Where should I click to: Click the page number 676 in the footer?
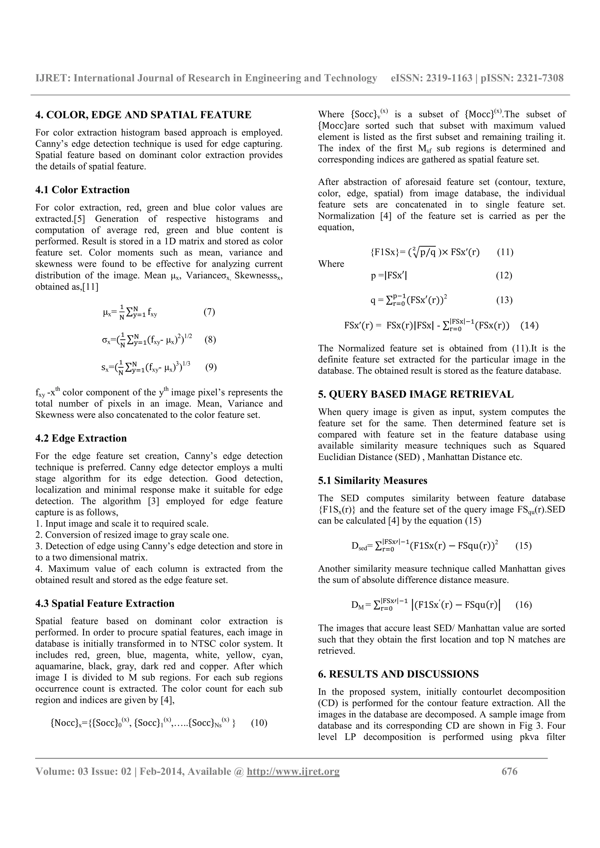[509, 772]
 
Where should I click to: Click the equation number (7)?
[209, 312]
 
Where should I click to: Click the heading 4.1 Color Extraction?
[82, 190]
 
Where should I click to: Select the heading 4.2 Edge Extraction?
[81, 438]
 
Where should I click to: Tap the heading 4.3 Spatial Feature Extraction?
[105, 603]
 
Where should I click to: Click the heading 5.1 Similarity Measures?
[372, 480]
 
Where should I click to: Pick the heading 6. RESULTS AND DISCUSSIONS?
[398, 674]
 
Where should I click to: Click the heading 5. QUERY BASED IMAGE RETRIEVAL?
[415, 394]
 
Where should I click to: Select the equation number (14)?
[529, 325]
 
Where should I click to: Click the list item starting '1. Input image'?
[122, 524]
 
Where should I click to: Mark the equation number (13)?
[504, 300]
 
